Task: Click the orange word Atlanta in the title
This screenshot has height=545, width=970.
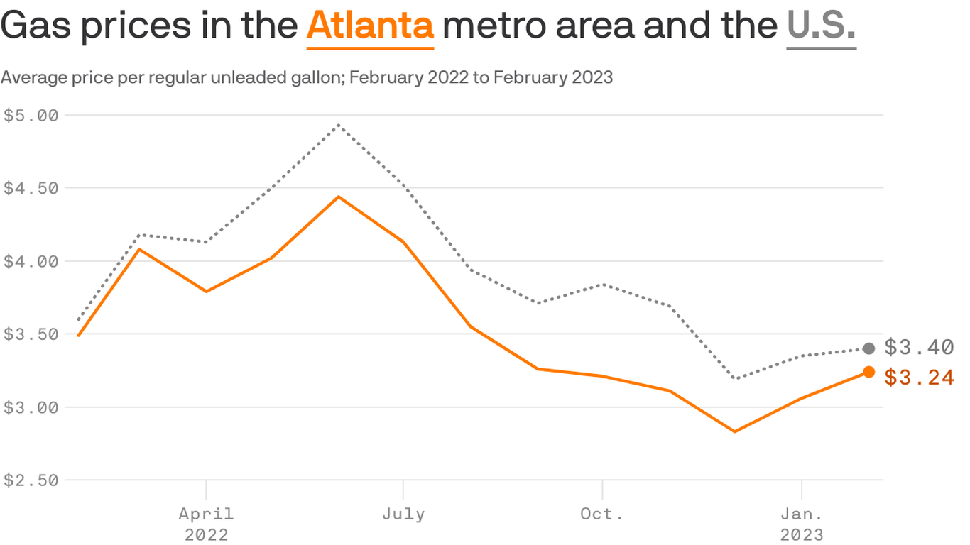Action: coord(370,26)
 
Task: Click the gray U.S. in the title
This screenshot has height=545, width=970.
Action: coord(821,26)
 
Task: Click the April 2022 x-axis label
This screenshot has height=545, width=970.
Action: coord(206,523)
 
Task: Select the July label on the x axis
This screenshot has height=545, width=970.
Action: coord(403,514)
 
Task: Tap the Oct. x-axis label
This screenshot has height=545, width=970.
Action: coord(602,514)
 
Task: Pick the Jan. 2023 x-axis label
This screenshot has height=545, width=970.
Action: coord(802,523)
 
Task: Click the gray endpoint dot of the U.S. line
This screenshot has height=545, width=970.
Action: coord(868,348)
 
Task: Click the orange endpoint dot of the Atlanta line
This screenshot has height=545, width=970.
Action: coord(868,372)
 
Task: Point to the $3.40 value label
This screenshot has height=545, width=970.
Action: coord(919,348)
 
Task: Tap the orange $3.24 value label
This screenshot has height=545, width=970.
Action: coord(919,378)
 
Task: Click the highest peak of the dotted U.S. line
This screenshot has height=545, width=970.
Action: coord(339,125)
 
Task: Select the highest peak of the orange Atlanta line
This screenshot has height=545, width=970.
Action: coord(339,197)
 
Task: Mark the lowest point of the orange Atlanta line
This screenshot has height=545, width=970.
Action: coord(735,431)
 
